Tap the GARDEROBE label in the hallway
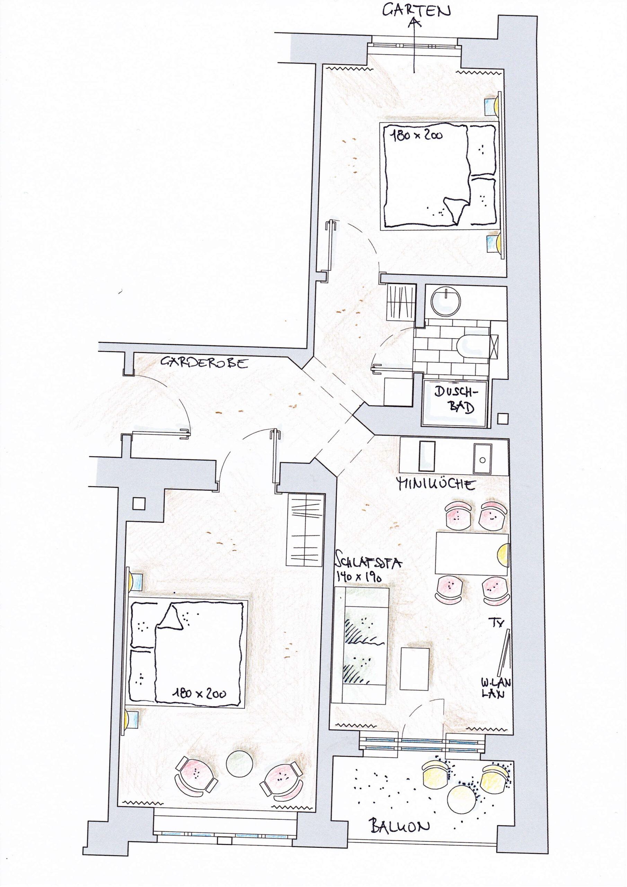(x=204, y=362)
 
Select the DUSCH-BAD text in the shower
(x=456, y=399)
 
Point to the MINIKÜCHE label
(x=436, y=484)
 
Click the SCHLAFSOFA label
(x=368, y=562)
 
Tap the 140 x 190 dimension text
(x=359, y=577)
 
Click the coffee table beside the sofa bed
(x=415, y=669)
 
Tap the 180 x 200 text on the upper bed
(x=416, y=135)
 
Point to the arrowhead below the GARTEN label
(x=415, y=23)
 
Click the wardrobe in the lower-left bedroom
(x=305, y=530)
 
